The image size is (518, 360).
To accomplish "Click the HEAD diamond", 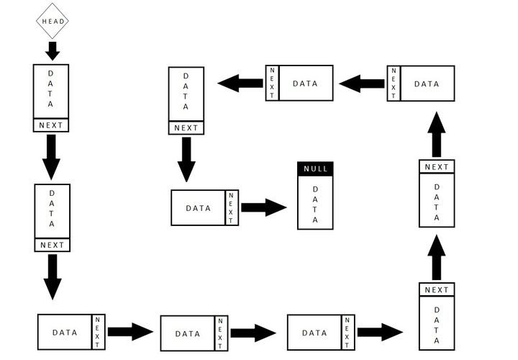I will tap(53, 21).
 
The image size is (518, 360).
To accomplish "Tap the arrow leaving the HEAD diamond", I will tap(53, 50).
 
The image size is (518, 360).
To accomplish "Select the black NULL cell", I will tap(315, 168).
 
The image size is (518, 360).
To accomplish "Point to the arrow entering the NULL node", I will tap(263, 208).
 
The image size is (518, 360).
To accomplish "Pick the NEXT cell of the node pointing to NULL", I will tap(231, 208).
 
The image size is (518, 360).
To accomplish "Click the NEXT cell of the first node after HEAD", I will tap(51, 125).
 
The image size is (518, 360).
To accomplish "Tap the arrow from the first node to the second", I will tap(51, 156).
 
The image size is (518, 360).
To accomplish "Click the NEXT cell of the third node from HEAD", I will tap(98, 332).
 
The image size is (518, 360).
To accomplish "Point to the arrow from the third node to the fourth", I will tap(130, 332).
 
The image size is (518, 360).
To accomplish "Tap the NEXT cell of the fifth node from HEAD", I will tap(347, 333).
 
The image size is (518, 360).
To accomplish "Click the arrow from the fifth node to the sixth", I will tap(380, 332).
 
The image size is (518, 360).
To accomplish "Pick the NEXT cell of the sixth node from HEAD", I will tap(437, 289).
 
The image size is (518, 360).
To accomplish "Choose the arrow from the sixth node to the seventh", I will tap(437, 257).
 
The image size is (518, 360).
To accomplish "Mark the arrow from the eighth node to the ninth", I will tap(362, 84).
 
